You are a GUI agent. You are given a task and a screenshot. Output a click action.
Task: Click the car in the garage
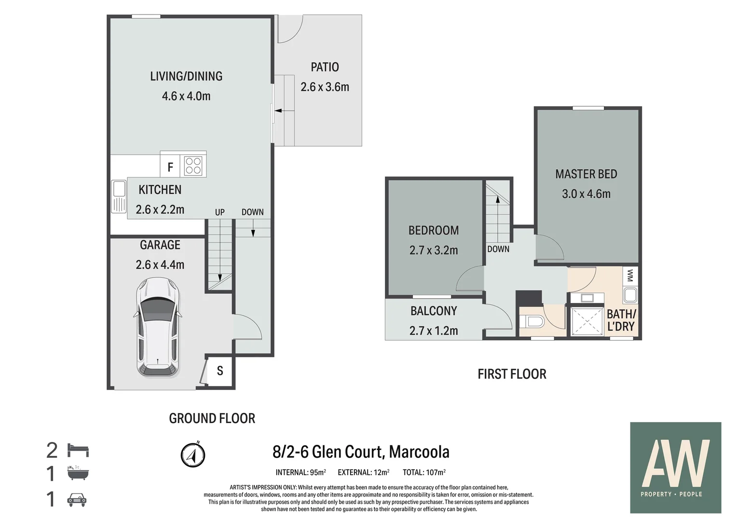coord(157,327)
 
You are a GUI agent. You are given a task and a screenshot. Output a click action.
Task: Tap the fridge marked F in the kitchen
coord(170,167)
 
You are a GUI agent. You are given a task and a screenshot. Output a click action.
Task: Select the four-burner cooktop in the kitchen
coord(193,165)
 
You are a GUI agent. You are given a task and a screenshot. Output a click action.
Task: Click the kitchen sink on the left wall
coord(118,196)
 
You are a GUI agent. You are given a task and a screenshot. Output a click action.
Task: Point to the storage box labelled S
coord(220,370)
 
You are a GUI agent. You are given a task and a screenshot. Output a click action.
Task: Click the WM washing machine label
coord(630,276)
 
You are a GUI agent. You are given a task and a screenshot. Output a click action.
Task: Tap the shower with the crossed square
coord(587,321)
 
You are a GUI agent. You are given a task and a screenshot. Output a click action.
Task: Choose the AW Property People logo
coord(675,467)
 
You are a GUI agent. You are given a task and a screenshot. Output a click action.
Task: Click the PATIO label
coord(325,67)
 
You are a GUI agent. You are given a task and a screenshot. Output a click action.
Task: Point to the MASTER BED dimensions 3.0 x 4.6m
coord(586,194)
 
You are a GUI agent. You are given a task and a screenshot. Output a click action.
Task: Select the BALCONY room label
coord(434,311)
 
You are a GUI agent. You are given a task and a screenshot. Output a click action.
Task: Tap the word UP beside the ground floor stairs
coord(220,212)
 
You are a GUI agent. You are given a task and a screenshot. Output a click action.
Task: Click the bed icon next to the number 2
coord(78,451)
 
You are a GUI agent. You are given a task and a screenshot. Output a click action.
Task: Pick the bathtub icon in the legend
coord(78,473)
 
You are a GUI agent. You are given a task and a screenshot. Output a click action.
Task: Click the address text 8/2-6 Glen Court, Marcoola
coord(361,452)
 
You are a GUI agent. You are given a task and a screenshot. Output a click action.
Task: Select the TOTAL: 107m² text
coord(424,473)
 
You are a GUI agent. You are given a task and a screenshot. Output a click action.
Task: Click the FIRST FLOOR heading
coord(512,374)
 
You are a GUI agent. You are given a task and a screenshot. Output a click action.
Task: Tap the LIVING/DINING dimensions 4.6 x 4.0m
coord(186,96)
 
